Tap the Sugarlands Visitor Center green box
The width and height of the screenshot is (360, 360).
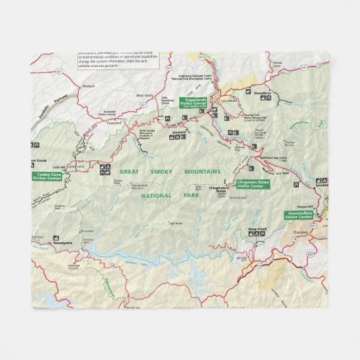pos(194,103)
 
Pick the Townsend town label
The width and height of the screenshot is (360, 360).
pos(113,123)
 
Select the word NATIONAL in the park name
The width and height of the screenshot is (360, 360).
pos(155,196)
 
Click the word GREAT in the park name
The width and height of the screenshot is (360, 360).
pos(129,171)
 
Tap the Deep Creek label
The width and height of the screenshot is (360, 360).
pos(257,229)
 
